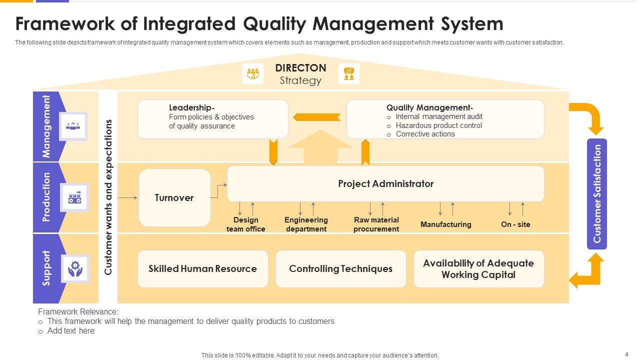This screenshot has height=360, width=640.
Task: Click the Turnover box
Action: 174,197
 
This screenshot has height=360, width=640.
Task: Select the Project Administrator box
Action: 385,183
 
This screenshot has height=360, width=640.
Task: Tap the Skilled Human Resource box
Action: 202,269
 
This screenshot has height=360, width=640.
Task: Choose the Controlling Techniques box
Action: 340,269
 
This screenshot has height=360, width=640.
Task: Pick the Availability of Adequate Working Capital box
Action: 478,269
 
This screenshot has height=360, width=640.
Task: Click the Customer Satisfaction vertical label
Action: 596,194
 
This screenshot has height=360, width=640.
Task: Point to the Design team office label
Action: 246,224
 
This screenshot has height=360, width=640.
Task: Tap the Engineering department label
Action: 306,224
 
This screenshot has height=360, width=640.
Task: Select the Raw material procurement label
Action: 376,224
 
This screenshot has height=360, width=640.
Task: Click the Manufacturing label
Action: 445,224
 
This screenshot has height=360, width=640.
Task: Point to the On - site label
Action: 515,224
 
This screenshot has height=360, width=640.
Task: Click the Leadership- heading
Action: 192,107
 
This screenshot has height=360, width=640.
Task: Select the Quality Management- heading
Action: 429,107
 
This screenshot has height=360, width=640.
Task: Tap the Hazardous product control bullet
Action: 438,125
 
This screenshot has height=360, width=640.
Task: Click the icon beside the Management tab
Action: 73,126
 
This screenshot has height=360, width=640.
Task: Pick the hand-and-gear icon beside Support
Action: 75,268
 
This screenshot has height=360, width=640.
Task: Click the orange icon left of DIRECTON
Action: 253,74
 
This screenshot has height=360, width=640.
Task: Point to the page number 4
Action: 626,354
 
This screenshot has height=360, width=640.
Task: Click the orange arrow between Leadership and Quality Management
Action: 316,117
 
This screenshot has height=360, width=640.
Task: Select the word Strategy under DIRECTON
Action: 300,80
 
